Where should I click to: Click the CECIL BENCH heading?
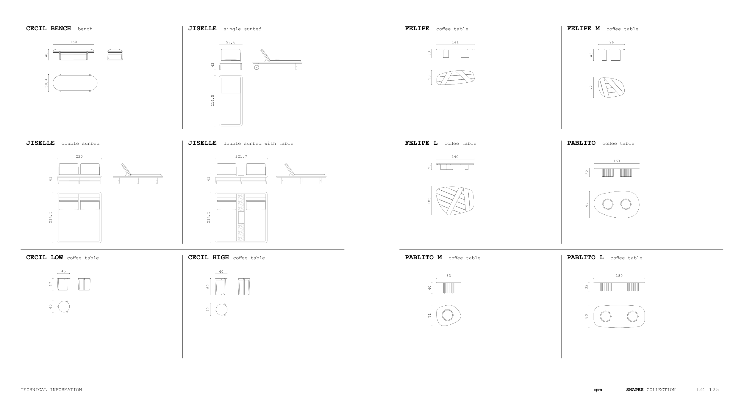pyautogui.click(x=49, y=29)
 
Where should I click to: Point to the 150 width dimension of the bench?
pyautogui.click(x=74, y=42)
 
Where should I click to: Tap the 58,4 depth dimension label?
pyautogui.click(x=46, y=83)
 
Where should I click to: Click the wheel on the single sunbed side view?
pyautogui.click(x=257, y=67)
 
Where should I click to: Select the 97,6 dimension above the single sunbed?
pyautogui.click(x=231, y=43)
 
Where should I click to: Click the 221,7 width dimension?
pyautogui.click(x=241, y=156)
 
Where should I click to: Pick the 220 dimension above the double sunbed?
pyautogui.click(x=79, y=156)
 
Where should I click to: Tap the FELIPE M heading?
pyautogui.click(x=583, y=29)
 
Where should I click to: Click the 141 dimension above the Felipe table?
pyautogui.click(x=455, y=42)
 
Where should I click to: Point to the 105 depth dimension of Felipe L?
pyautogui.click(x=429, y=201)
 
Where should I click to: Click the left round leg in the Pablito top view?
pyautogui.click(x=608, y=204)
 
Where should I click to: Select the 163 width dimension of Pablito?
pyautogui.click(x=617, y=161)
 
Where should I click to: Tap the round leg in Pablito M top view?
pyautogui.click(x=447, y=315)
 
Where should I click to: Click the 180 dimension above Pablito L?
pyautogui.click(x=619, y=276)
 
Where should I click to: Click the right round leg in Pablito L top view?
pyautogui.click(x=632, y=316)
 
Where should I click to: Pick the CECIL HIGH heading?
pyautogui.click(x=208, y=257)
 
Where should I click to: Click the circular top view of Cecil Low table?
pyautogui.click(x=64, y=307)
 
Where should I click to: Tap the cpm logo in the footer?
pyautogui.click(x=598, y=390)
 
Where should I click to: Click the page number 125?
pyautogui.click(x=714, y=390)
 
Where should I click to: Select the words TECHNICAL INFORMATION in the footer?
pyautogui.click(x=51, y=390)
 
